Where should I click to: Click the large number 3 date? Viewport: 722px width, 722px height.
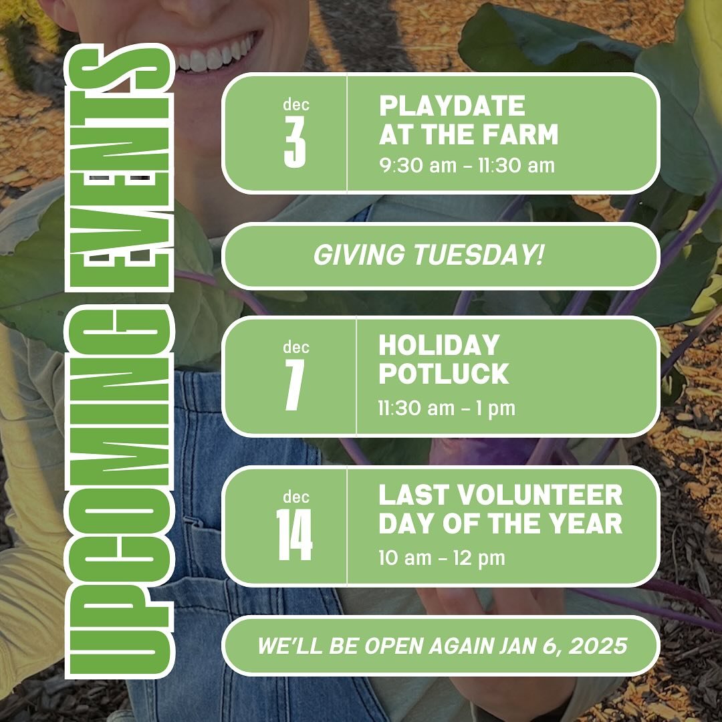point(294,143)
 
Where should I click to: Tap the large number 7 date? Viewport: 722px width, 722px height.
point(294,386)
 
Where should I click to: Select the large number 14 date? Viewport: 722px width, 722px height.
point(294,536)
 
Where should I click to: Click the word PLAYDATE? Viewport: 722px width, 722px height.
point(452,106)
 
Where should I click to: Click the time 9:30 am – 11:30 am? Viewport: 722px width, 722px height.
point(467,165)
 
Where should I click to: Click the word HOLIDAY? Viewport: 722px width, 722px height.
point(439,346)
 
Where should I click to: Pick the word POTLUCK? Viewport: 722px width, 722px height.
point(443,374)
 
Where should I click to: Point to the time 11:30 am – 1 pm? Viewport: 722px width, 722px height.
point(447,408)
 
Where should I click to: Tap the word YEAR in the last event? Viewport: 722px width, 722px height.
point(589,524)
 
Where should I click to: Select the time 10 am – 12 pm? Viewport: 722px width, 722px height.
point(441,557)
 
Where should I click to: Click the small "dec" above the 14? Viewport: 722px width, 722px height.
point(295,497)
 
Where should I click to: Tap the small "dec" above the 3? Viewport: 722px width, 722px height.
point(295,104)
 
